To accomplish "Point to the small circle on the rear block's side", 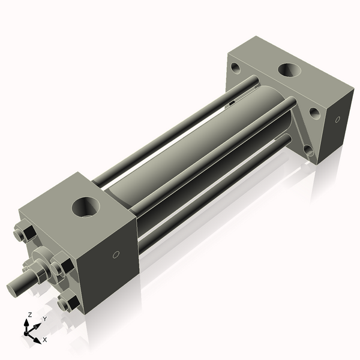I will click(337, 119).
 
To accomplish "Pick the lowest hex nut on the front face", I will click(70, 302).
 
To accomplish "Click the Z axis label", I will click(30, 314).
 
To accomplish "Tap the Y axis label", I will click(44, 319).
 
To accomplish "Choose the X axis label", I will click(44, 340).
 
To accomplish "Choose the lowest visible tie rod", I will click(216, 192).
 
